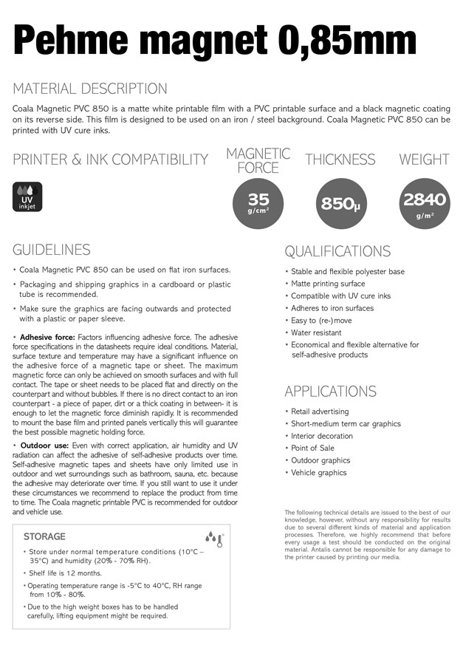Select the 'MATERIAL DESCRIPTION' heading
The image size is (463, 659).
(x=90, y=89)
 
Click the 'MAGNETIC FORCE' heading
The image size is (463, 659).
(x=258, y=160)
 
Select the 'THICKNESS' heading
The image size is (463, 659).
(x=340, y=160)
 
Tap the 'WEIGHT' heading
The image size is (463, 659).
(x=424, y=160)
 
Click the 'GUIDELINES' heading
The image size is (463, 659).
(x=52, y=250)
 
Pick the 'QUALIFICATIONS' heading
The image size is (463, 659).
(x=337, y=251)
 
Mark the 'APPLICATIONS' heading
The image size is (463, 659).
(x=330, y=392)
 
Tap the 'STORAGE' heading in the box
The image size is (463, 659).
(x=44, y=536)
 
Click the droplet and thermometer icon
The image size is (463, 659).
(x=213, y=539)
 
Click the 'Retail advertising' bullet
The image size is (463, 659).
(x=320, y=412)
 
